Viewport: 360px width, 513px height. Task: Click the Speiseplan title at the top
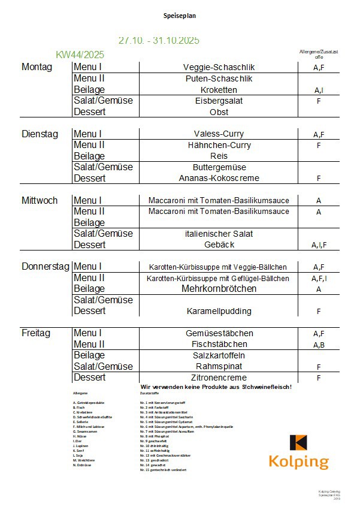[180, 16]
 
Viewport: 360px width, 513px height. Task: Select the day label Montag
[37, 67]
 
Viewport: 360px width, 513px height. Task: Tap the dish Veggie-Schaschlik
[219, 67]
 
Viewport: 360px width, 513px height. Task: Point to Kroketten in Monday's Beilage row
[219, 90]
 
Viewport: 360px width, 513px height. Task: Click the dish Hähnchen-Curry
[219, 145]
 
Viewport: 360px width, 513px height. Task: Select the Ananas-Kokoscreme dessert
[219, 178]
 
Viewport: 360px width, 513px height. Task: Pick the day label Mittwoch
[40, 200]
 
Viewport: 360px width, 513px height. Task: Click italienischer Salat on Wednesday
[219, 234]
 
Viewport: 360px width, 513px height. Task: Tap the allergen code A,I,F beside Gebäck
[319, 245]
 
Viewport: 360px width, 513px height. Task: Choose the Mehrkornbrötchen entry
[219, 289]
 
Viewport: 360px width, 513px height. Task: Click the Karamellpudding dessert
[219, 311]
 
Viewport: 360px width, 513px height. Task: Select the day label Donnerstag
[46, 267]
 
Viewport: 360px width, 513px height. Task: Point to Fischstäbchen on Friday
[219, 344]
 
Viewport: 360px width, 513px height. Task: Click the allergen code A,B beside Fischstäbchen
[319, 345]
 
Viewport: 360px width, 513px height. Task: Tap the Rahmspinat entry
[219, 366]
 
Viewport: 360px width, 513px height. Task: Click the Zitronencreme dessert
[219, 378]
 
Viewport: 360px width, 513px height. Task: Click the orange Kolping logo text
[298, 462]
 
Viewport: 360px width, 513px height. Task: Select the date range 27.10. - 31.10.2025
[159, 41]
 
